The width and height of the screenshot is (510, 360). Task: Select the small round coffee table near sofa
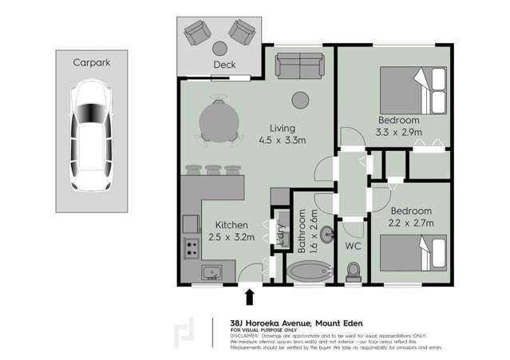pyautogui.click(x=300, y=101)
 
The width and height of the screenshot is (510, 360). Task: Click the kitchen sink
pyautogui.click(x=211, y=272)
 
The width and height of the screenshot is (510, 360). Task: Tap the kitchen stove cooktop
pyautogui.click(x=192, y=247)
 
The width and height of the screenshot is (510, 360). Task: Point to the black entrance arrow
pyautogui.click(x=249, y=297)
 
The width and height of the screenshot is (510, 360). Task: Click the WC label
pyautogui.click(x=353, y=247)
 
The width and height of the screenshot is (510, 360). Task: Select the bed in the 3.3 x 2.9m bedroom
pyautogui.click(x=413, y=90)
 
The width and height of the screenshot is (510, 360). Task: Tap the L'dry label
pyautogui.click(x=281, y=231)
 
